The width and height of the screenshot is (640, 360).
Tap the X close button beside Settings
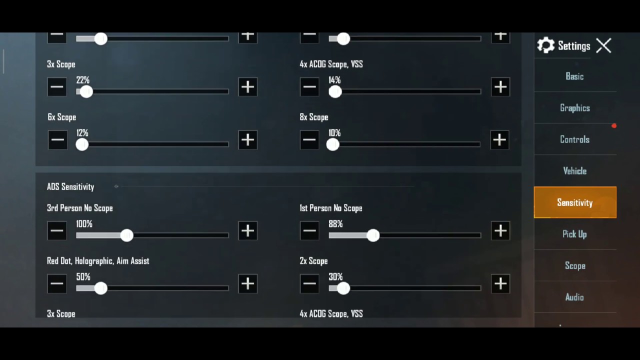(603, 46)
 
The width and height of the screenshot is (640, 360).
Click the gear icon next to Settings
(545, 45)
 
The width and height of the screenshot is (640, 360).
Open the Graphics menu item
(574, 108)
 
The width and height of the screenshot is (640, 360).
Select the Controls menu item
(574, 139)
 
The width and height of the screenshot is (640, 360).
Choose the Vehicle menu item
(574, 171)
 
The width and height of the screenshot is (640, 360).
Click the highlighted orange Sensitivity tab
(575, 202)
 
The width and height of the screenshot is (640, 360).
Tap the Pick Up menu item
(574, 234)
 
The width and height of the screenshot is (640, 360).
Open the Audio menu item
(574, 297)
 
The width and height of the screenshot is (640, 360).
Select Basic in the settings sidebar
(574, 76)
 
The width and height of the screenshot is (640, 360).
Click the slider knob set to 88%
(373, 235)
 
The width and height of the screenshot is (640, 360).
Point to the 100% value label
(84, 224)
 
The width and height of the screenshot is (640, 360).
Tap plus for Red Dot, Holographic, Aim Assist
(247, 284)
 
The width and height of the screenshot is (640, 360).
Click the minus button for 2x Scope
(309, 284)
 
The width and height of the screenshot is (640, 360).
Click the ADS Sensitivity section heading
(70, 187)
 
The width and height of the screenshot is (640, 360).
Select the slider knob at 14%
(335, 91)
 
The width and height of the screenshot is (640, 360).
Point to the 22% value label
(82, 80)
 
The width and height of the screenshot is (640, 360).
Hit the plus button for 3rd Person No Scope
(247, 231)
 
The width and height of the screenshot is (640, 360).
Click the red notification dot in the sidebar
(614, 126)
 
